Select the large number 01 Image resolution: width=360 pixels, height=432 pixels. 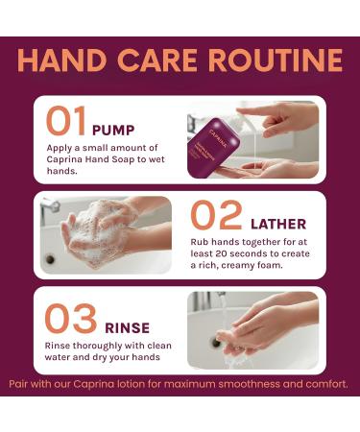coord(67,121)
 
